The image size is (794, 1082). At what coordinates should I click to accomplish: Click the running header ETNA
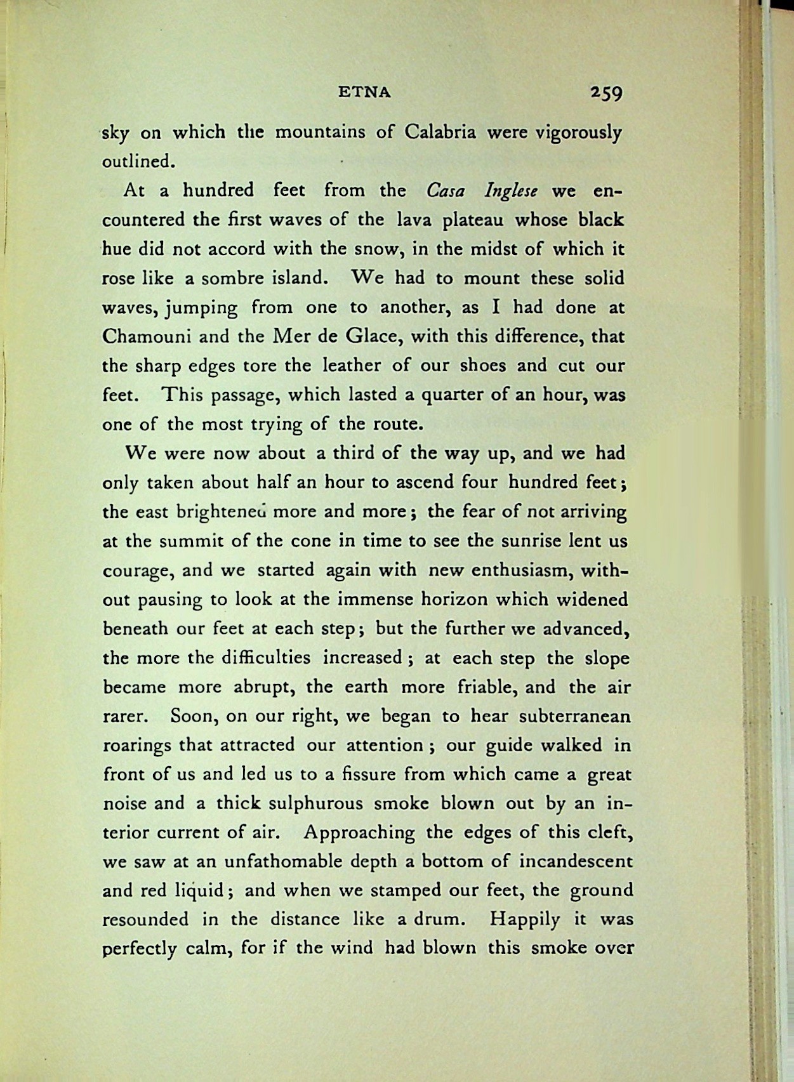364,93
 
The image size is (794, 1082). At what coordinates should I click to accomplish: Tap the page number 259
606,93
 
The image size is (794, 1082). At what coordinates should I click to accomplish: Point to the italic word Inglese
511,190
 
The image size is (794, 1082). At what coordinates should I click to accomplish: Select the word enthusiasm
523,570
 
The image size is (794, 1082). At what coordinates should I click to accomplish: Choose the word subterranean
574,716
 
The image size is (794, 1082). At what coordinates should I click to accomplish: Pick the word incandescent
576,862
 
